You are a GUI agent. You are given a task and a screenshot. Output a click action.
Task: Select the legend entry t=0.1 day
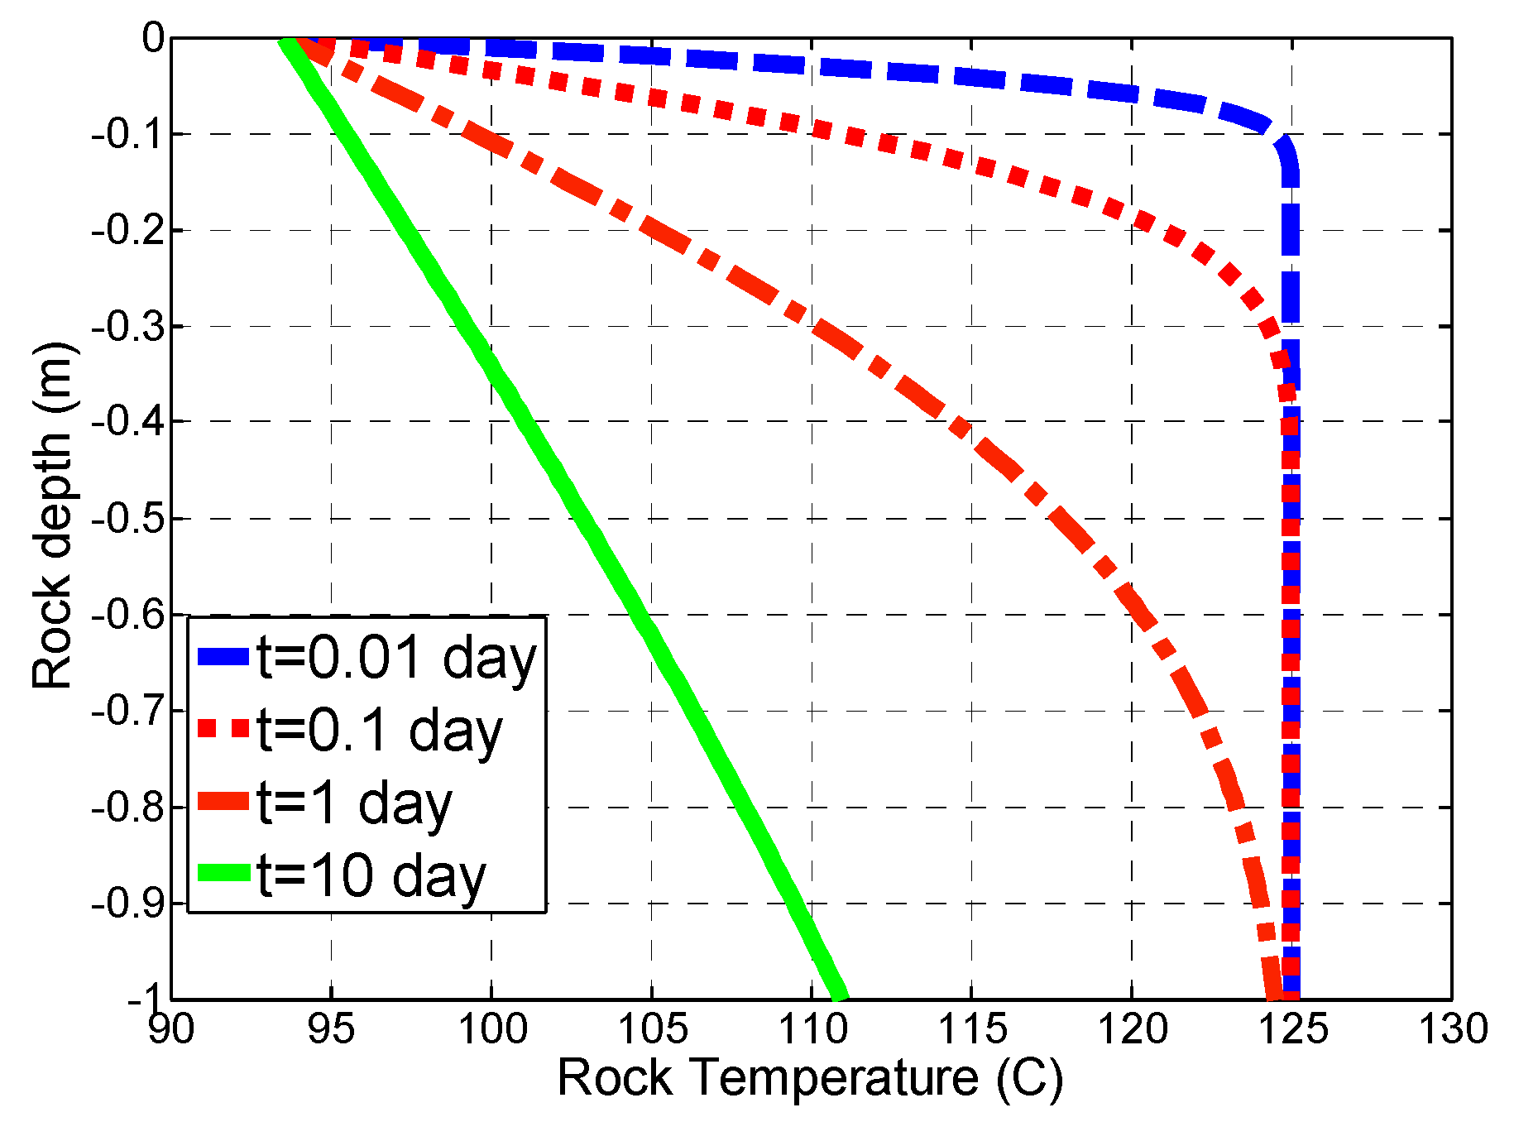380,731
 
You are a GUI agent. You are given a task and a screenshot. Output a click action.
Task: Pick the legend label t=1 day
355,803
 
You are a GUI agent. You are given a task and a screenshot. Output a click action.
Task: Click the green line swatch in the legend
223,873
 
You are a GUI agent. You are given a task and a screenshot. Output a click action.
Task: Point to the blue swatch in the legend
223,657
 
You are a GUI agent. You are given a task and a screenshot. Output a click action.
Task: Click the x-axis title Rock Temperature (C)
810,1078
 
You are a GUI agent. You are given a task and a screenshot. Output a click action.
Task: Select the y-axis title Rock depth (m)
53,516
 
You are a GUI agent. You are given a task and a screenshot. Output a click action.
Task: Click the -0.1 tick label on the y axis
127,133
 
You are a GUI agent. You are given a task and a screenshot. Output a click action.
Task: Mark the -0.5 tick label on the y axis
127,518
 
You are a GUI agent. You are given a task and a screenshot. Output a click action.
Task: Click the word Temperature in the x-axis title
832,1078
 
